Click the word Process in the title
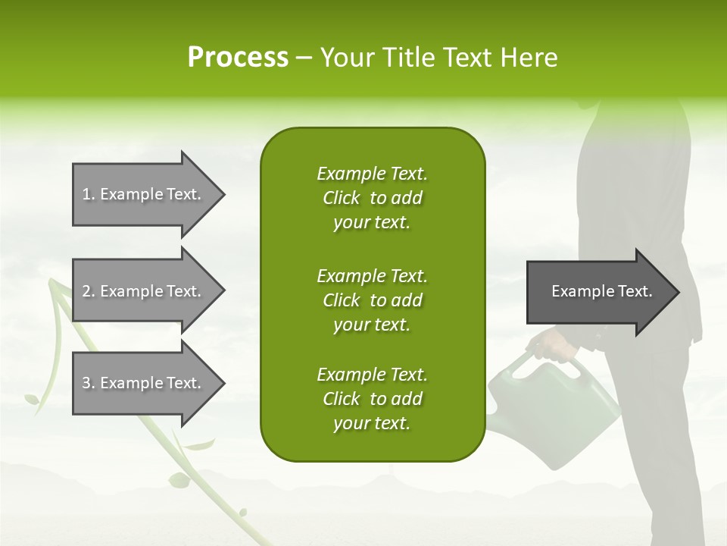pyautogui.click(x=238, y=58)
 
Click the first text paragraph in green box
pyautogui.click(x=372, y=198)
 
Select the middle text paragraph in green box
pyautogui.click(x=372, y=300)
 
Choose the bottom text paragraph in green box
pyautogui.click(x=372, y=399)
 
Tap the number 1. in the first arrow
pyautogui.click(x=89, y=195)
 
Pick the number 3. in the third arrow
pyautogui.click(x=89, y=383)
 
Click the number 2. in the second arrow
pyautogui.click(x=89, y=291)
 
